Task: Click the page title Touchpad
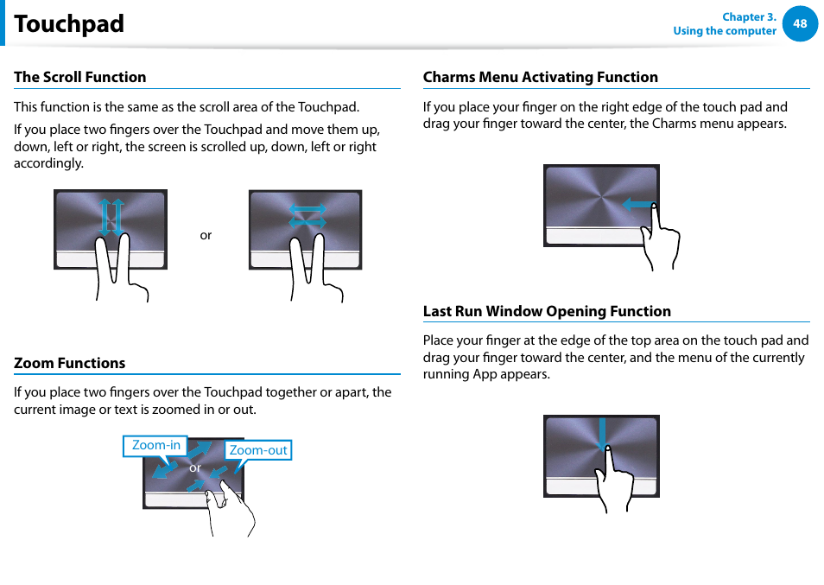pos(69,24)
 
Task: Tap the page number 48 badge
pos(800,23)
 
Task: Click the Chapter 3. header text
pos(749,17)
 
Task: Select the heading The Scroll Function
pos(79,77)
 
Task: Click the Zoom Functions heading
pos(69,363)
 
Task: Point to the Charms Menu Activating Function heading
pos(540,77)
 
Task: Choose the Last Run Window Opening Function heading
pos(547,311)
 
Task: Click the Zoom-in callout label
pos(155,446)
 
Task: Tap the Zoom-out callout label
pos(258,450)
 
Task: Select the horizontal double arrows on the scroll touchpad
pos(307,216)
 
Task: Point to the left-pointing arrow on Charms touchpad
pos(637,205)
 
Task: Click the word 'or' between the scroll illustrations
pos(206,235)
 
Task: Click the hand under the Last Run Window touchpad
pos(616,484)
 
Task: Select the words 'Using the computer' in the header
pos(725,31)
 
